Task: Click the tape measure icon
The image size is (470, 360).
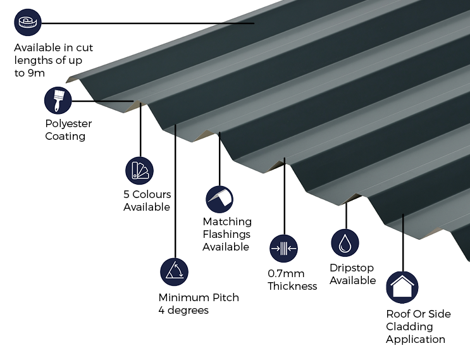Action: coord(28,23)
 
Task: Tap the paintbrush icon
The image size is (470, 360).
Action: coord(58,101)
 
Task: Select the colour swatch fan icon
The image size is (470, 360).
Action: coord(139,171)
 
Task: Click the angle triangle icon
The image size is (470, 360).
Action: coord(174,272)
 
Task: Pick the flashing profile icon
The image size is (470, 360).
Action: coord(220,199)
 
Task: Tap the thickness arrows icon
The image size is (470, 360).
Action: coord(283,249)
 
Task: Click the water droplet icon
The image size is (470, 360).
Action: coord(345,243)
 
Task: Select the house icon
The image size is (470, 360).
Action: coord(402,287)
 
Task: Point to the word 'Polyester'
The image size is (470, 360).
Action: coord(69,123)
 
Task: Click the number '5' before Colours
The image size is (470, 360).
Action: coord(127,194)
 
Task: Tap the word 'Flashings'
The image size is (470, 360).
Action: coord(226,234)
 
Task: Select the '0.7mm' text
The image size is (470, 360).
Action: coord(286,273)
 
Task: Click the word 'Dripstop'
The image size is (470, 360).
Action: coord(352,268)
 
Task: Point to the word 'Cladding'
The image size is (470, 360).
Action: coord(409,326)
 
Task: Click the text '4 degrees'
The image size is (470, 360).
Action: coord(183,310)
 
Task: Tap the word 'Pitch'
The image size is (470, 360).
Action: coord(226,297)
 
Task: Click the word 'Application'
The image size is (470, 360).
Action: coord(416,339)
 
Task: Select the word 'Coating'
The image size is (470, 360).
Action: coord(65,136)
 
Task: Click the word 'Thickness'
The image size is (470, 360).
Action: coord(292,286)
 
